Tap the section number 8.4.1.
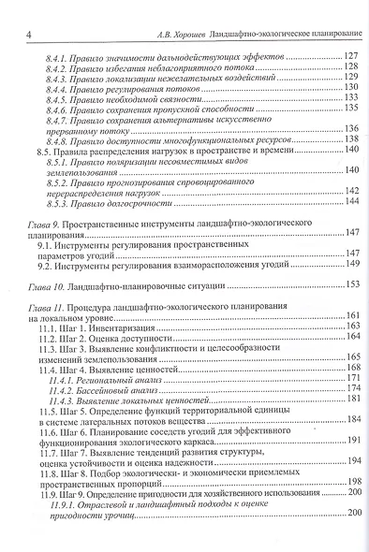[x=59, y=58]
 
